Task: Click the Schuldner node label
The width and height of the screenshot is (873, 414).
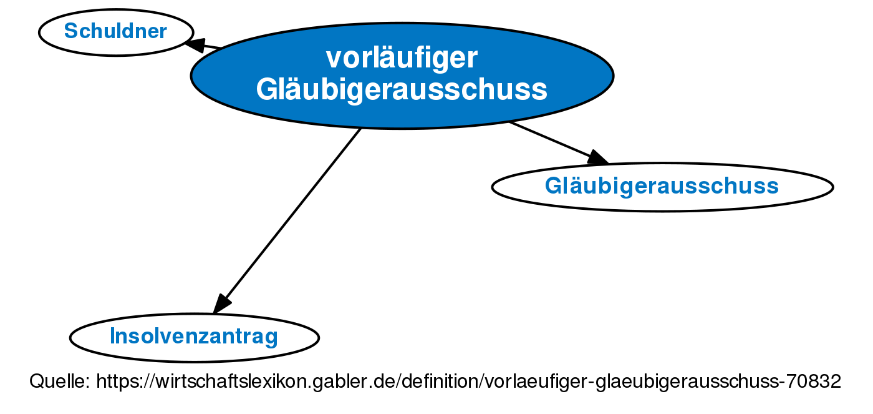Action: point(115,31)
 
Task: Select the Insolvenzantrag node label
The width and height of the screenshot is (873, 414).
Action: point(194,337)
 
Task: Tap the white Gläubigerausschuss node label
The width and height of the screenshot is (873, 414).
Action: point(662,185)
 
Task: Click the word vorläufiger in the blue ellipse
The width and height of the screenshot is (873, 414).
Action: point(402,58)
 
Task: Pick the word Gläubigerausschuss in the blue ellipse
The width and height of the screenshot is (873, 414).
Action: point(402,89)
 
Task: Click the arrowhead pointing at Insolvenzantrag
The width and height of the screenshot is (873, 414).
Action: point(222,304)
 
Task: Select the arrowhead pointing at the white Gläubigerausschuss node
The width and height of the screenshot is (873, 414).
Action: point(597,157)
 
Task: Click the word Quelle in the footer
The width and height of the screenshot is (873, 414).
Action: point(59,382)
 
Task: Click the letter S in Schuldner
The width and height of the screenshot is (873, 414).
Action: point(70,31)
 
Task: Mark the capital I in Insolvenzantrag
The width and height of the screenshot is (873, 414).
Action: point(112,336)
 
